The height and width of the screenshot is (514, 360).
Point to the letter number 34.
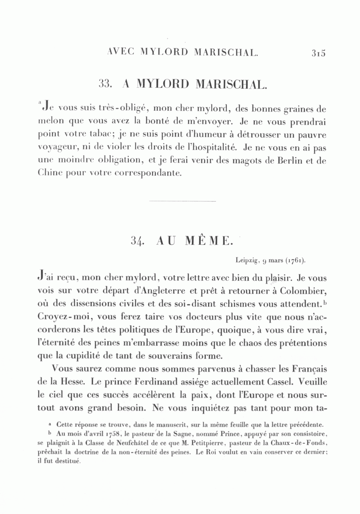coord(137,241)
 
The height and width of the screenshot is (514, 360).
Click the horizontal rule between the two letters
coord(182,201)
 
